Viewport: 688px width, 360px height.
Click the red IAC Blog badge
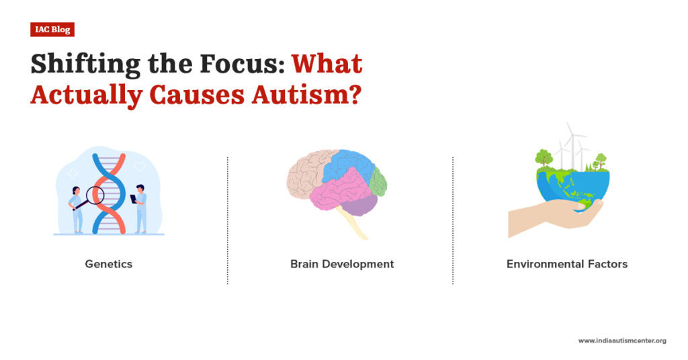tap(52, 29)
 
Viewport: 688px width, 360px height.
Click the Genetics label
tap(109, 264)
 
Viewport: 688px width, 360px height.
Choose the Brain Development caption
tap(342, 264)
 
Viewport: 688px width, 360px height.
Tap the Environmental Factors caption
tap(567, 264)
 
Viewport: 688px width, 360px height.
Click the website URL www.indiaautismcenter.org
tap(622, 341)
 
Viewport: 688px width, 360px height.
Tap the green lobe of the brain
tap(378, 181)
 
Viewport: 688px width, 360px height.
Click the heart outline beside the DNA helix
tap(139, 165)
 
